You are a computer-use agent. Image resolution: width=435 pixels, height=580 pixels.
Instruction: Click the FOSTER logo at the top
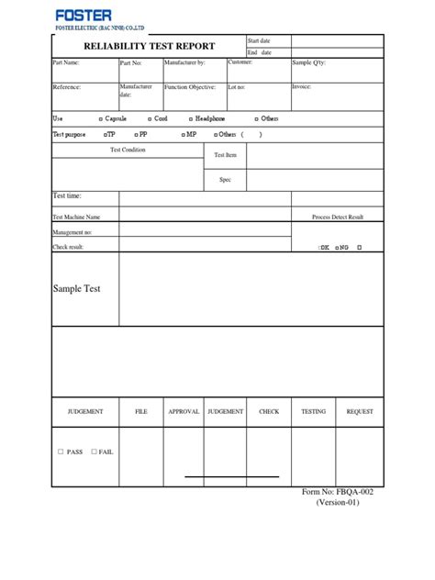pyautogui.click(x=83, y=15)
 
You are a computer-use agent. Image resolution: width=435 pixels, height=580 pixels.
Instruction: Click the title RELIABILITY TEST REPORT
pyautogui.click(x=149, y=46)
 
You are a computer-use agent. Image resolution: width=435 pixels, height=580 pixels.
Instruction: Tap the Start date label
pyautogui.click(x=260, y=41)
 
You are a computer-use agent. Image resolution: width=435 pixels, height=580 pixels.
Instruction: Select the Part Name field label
pyautogui.click(x=66, y=63)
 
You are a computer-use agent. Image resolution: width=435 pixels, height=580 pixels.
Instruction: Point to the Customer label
pyautogui.click(x=240, y=62)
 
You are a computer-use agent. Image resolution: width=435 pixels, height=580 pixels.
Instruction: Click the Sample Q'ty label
pyautogui.click(x=308, y=63)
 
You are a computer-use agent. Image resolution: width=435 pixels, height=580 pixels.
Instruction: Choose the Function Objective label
pyautogui.click(x=190, y=87)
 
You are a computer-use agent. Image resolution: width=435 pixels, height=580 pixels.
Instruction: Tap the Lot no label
pyautogui.click(x=237, y=87)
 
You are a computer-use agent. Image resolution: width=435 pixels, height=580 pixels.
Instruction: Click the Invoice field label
pyautogui.click(x=301, y=87)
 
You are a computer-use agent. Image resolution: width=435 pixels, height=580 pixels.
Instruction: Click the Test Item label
pyautogui.click(x=225, y=155)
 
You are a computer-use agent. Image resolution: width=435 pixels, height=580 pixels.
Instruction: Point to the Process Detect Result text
pyautogui.click(x=338, y=217)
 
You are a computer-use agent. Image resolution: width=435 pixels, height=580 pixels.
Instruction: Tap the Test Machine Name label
pyautogui.click(x=76, y=217)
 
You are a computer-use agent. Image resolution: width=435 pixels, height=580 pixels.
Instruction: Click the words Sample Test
pyautogui.click(x=77, y=288)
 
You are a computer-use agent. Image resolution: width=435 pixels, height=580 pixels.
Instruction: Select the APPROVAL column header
pyautogui.click(x=184, y=412)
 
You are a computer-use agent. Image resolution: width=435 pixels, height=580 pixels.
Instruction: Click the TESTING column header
pyautogui.click(x=314, y=412)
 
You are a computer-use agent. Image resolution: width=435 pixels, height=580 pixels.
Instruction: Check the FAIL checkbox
pyautogui.click(x=95, y=452)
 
